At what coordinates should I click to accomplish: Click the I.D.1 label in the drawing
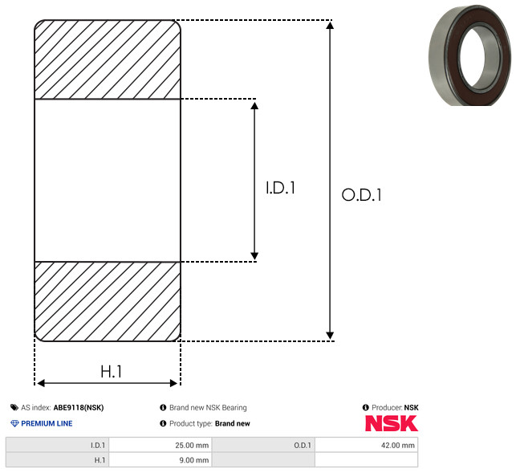point(280,188)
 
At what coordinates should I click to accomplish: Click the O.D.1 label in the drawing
point(362,194)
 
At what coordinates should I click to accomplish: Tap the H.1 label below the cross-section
point(111,372)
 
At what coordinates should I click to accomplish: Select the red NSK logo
point(392,423)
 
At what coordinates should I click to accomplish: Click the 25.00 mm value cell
point(160,445)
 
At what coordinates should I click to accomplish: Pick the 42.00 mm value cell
point(366,445)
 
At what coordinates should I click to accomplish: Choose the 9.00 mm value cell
point(160,460)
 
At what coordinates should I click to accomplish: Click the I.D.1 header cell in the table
point(57,445)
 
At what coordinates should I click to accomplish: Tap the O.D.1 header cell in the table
point(263,445)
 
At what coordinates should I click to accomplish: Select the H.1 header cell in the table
point(57,460)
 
